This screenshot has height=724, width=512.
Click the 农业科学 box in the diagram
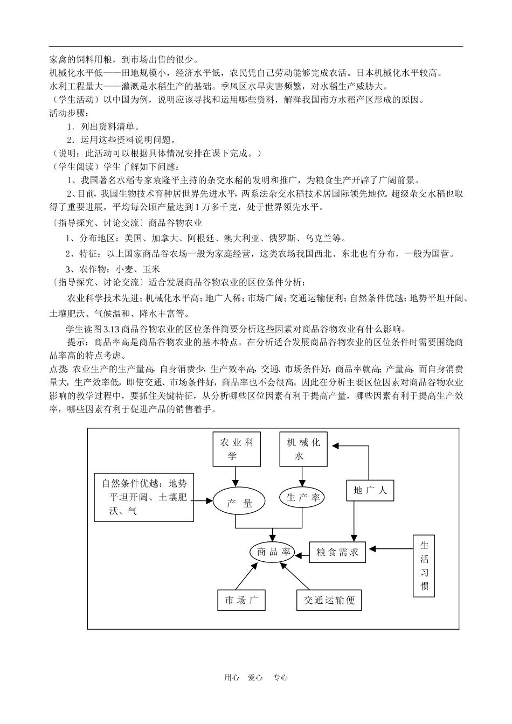click(x=237, y=449)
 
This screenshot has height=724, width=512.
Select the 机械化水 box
click(x=303, y=449)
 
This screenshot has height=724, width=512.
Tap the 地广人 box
click(x=370, y=490)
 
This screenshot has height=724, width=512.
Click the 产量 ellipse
click(x=239, y=503)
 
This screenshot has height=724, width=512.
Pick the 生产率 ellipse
click(x=303, y=498)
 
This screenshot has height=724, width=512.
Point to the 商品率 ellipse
click(x=273, y=552)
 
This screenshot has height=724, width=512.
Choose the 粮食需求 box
click(x=337, y=552)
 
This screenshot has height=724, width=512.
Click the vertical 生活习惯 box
click(x=424, y=566)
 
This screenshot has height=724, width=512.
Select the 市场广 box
click(x=241, y=600)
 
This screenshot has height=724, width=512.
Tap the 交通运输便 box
click(x=329, y=600)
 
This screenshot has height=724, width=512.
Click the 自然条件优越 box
click(x=144, y=497)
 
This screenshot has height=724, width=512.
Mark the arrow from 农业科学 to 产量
click(x=235, y=477)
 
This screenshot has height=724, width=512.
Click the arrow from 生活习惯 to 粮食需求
click(x=391, y=549)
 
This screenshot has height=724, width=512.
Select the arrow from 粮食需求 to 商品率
click(x=301, y=552)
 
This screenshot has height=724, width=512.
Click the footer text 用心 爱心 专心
click(x=256, y=678)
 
